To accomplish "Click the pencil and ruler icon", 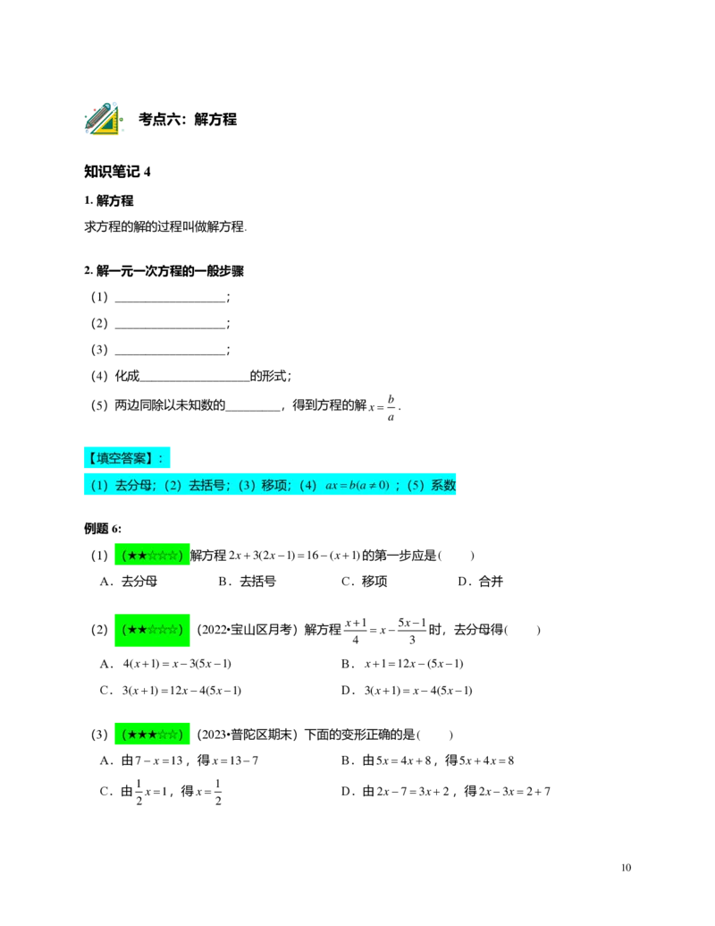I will [104, 118].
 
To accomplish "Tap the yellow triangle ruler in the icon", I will [109, 124].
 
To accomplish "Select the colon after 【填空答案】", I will [161, 458].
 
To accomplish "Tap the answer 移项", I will [274, 486].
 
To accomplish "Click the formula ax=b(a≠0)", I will [357, 486].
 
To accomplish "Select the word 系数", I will [444, 486].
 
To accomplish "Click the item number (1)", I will [99, 486].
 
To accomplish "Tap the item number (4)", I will [308, 486].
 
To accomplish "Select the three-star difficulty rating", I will [152, 735].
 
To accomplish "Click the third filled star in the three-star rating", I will [152, 735].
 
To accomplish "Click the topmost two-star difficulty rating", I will [152, 556].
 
